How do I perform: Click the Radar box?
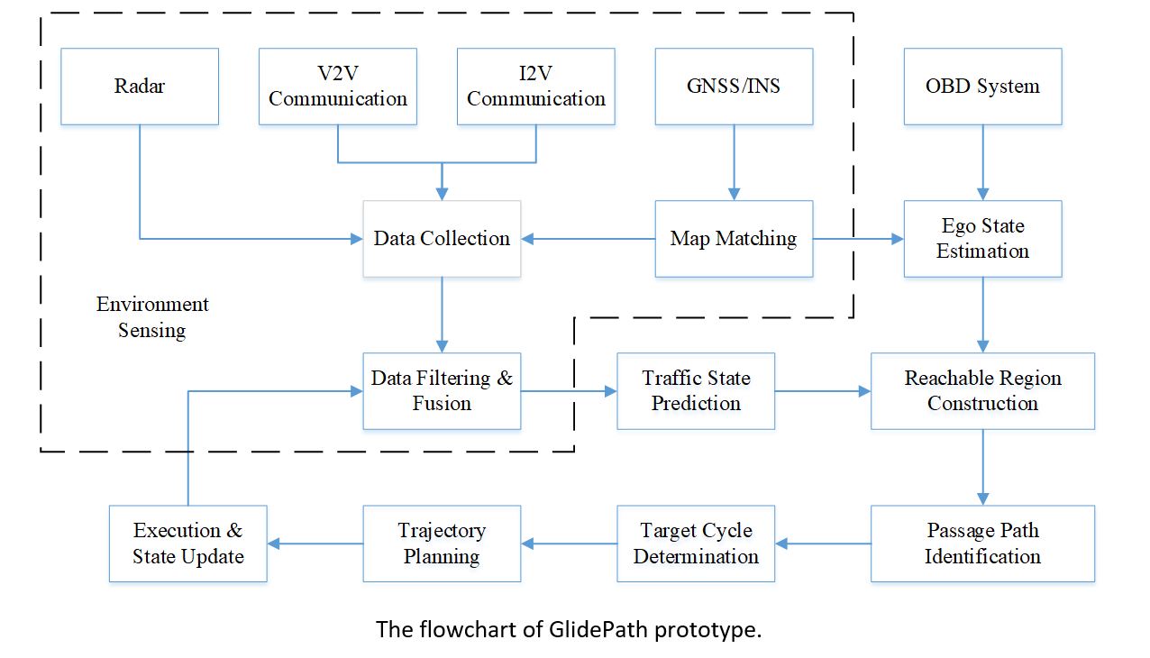click(x=140, y=87)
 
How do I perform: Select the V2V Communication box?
click(x=338, y=87)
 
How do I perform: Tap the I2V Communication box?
click(x=536, y=87)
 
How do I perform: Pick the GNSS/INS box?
click(x=734, y=87)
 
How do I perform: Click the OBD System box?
click(x=982, y=87)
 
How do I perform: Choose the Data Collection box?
click(x=442, y=239)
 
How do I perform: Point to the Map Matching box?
click(x=734, y=239)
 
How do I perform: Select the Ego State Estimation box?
click(x=982, y=239)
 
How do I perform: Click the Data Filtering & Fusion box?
click(x=442, y=391)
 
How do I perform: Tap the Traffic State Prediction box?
click(x=696, y=391)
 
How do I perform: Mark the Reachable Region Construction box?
click(x=982, y=391)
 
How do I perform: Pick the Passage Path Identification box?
click(x=982, y=544)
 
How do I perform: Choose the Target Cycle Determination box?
click(x=696, y=544)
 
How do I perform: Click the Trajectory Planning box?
click(x=442, y=544)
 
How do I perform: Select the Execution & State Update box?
click(x=187, y=544)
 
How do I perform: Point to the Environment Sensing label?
click(x=152, y=317)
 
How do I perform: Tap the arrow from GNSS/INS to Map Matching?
click(x=734, y=162)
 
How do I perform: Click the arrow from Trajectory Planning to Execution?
click(x=315, y=544)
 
